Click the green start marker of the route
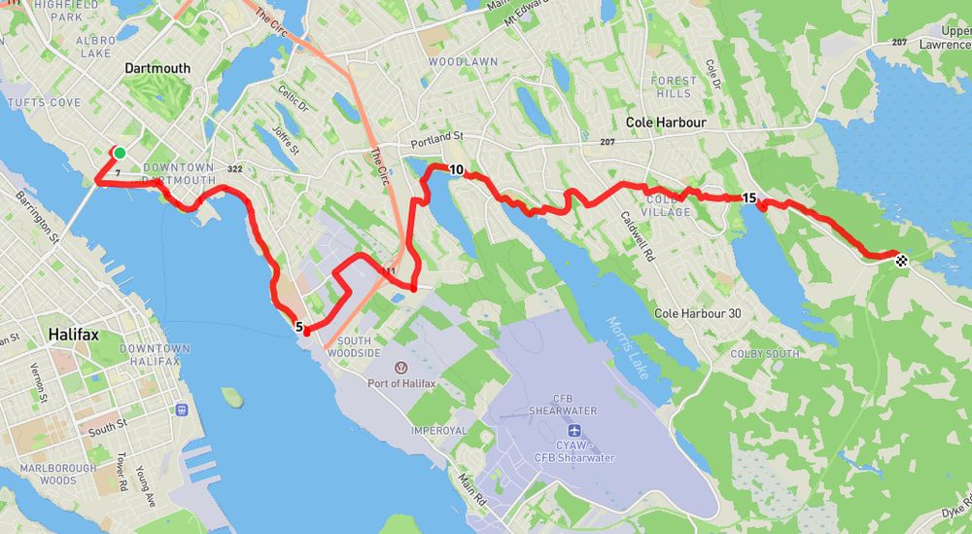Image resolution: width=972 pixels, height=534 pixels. click(120, 153)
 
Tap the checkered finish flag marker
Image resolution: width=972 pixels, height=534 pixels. click(902, 259)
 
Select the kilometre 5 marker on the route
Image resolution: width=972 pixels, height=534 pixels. click(300, 328)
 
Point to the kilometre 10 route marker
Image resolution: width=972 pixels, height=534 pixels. click(455, 169)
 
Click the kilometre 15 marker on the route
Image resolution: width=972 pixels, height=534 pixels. click(749, 198)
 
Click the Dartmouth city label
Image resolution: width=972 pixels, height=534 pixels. click(158, 68)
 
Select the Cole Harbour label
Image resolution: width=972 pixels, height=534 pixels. click(666, 123)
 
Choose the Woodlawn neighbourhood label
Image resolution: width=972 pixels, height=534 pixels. click(463, 61)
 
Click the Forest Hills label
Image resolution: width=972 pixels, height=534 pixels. click(675, 87)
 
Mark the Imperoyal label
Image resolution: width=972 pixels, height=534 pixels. click(440, 430)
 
